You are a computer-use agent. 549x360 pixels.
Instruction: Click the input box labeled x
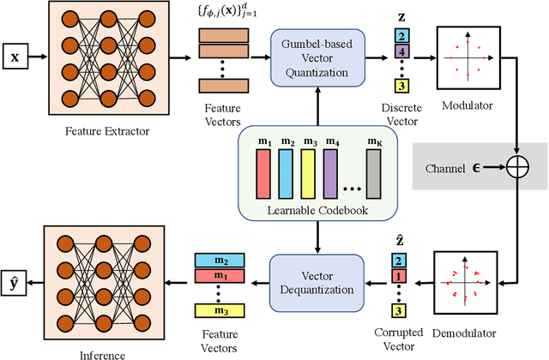(15, 58)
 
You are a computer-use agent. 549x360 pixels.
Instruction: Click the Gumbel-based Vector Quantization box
(318, 57)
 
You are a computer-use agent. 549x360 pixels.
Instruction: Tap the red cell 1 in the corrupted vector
(399, 276)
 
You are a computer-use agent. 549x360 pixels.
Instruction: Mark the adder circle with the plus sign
(518, 166)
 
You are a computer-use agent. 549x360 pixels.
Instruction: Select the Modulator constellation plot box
(466, 57)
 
